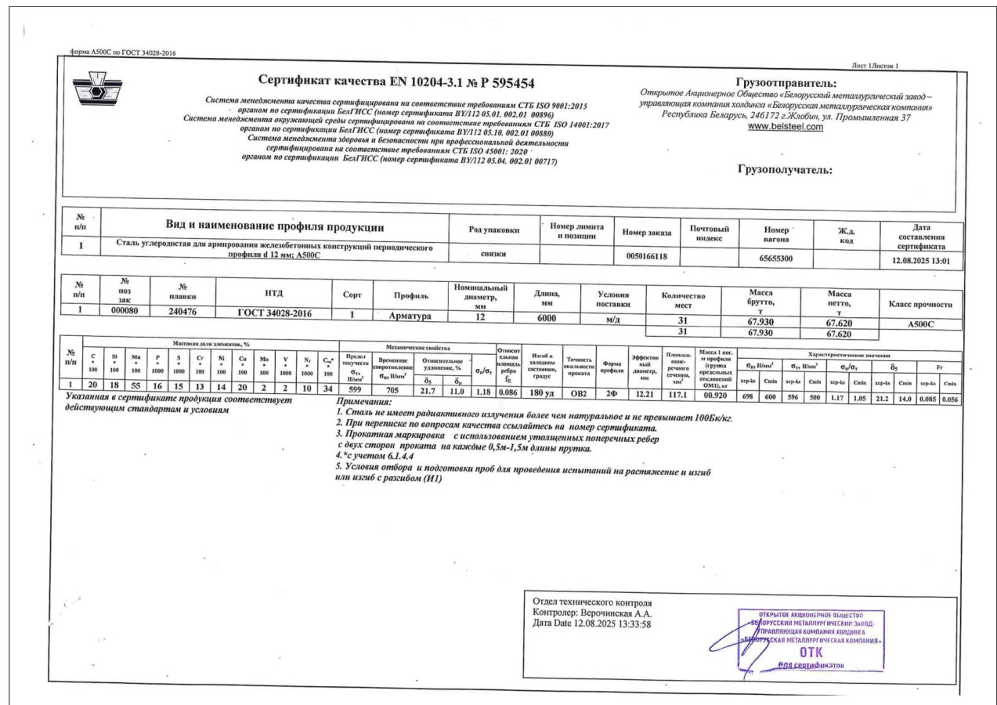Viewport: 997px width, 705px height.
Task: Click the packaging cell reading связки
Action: coord(493,254)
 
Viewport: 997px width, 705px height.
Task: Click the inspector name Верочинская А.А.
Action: coord(619,613)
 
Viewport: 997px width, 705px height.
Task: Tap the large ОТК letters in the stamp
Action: coord(811,651)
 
